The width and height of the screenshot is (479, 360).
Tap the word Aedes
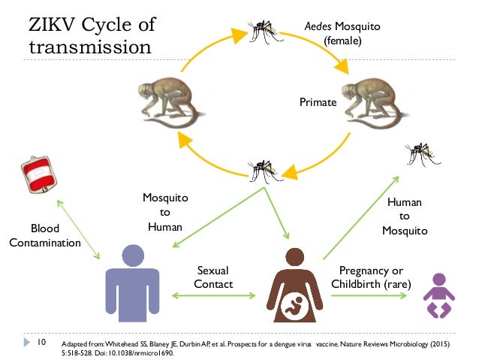pyautogui.click(x=318, y=26)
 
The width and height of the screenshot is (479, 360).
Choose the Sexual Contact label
pyautogui.click(x=213, y=277)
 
